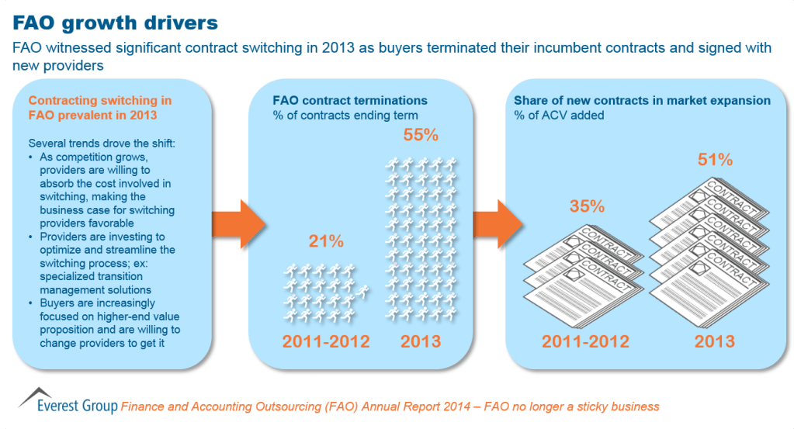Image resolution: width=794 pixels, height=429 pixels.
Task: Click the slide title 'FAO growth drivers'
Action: (x=114, y=19)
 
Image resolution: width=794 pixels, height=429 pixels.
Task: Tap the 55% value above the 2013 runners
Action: (x=421, y=134)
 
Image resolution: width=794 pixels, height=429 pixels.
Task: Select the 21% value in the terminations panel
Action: (x=327, y=240)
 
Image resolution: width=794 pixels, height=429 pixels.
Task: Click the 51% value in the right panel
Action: (x=715, y=160)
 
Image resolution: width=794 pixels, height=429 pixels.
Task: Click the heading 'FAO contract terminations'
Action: (x=349, y=101)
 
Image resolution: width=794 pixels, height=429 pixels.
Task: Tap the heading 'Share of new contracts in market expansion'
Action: (x=642, y=101)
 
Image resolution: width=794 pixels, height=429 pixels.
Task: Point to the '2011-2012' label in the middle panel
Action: (x=325, y=341)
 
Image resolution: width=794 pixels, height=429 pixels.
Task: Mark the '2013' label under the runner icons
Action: (x=421, y=341)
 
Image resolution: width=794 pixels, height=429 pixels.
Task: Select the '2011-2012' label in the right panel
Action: (x=584, y=341)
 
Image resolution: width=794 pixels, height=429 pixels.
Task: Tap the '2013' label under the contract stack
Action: (x=715, y=341)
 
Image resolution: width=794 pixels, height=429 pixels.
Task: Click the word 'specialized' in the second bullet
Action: (x=68, y=276)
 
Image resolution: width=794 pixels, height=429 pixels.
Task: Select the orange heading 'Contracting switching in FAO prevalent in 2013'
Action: (x=100, y=108)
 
